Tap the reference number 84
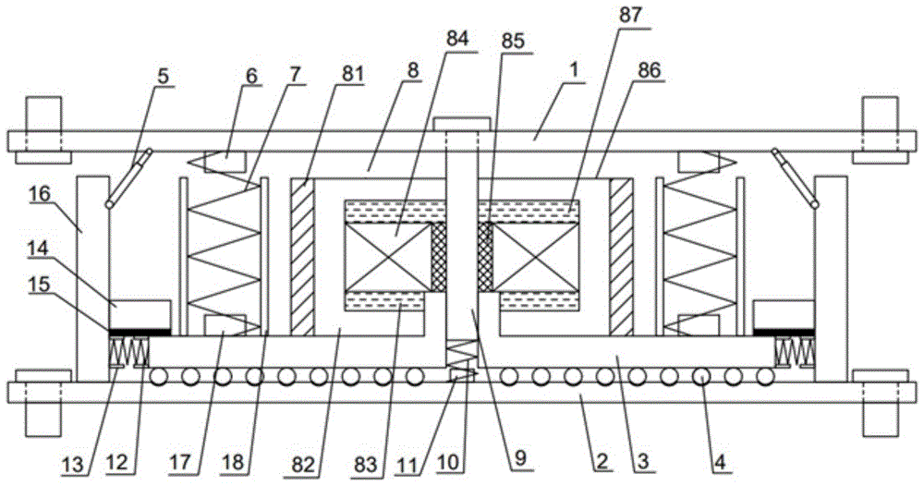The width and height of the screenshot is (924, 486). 457,39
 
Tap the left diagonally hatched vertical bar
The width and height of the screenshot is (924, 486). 302,256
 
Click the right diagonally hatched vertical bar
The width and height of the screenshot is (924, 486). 621,256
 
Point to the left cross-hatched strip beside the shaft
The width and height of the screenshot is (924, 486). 438,256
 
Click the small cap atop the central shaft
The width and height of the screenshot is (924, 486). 462,123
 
